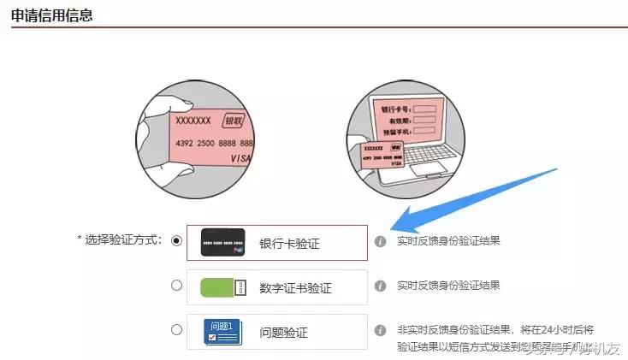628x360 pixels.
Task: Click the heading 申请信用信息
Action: (x=52, y=15)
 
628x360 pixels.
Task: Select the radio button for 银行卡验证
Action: (x=177, y=241)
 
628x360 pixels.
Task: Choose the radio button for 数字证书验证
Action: (x=177, y=286)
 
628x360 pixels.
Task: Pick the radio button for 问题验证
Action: (x=177, y=329)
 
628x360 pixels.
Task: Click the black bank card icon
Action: (x=223, y=242)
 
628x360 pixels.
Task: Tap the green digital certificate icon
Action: (x=223, y=286)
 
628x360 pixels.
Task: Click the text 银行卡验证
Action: (x=289, y=243)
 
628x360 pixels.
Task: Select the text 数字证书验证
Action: (x=296, y=287)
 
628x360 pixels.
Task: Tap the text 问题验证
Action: (x=283, y=332)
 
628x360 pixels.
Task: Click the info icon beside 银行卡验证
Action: (x=381, y=241)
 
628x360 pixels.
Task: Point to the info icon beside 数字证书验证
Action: (x=381, y=286)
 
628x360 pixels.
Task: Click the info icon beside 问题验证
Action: (x=381, y=329)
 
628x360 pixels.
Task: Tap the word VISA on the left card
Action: (x=242, y=160)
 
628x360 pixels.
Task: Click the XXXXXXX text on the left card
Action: (x=193, y=121)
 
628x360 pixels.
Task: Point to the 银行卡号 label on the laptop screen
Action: (x=395, y=110)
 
